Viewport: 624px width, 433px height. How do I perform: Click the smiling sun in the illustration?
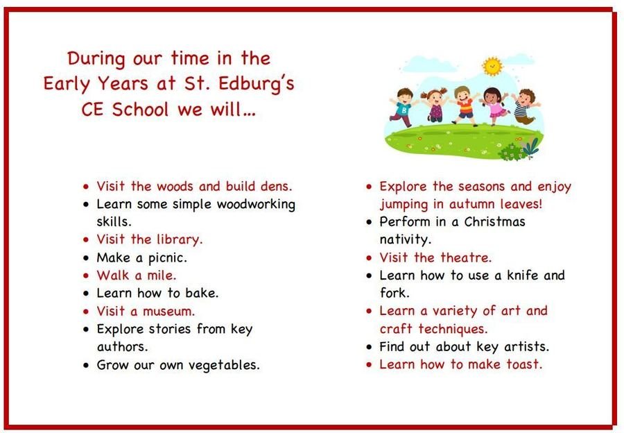click(492, 66)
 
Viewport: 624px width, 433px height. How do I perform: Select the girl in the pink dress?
click(494, 106)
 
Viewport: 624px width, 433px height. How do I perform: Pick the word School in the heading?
click(140, 109)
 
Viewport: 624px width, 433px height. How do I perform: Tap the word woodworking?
click(256, 205)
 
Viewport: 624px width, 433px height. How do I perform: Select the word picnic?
click(167, 258)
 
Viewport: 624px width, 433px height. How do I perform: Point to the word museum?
click(168, 312)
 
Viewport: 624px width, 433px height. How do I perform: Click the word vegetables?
click(224, 365)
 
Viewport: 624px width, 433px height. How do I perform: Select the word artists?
click(526, 346)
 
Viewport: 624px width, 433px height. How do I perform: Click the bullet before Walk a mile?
click(86, 275)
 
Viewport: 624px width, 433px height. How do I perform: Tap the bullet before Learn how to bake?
click(86, 294)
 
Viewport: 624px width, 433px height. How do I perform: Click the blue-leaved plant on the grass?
click(531, 146)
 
